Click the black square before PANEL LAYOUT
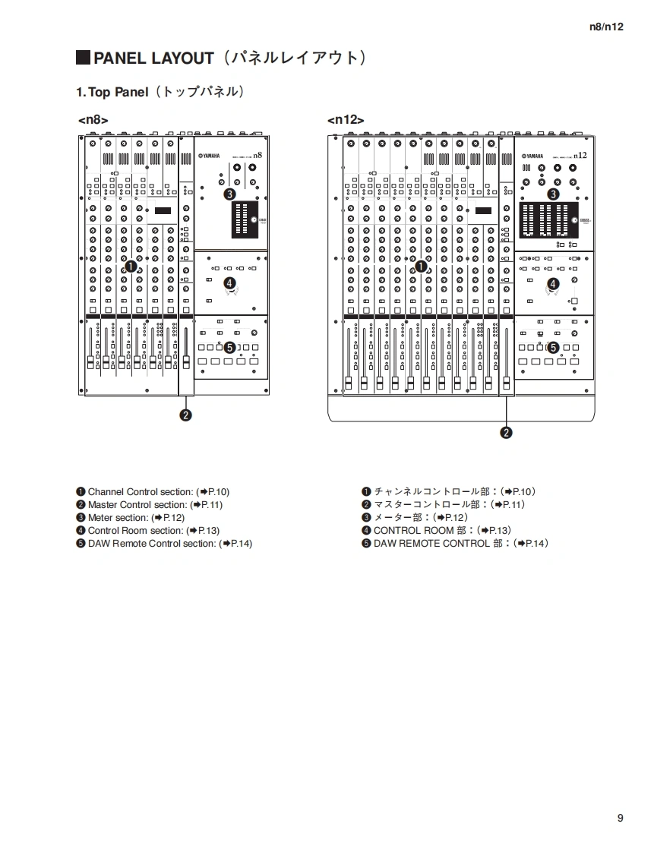coord(83,58)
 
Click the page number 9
coord(621,818)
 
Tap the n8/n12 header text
coord(606,27)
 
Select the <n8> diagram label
coord(93,119)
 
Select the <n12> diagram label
coord(346,119)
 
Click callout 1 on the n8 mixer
coord(130,266)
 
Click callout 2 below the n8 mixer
coord(185,415)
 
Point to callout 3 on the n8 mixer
coord(229,194)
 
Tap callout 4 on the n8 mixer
coord(229,282)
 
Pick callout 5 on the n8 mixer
coord(229,347)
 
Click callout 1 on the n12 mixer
coord(420,266)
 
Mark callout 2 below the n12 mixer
coord(506,433)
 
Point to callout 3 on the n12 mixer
coord(553,194)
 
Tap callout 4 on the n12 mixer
coord(553,283)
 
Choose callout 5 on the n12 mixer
coord(553,348)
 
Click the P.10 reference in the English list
coord(213,492)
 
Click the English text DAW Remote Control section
coord(151,544)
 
